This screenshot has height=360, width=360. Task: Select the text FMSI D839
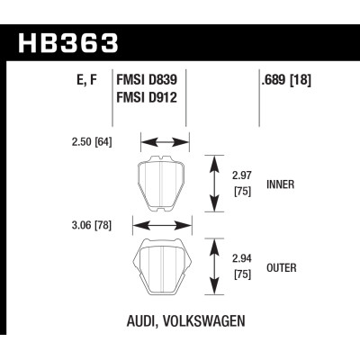click(148, 79)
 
